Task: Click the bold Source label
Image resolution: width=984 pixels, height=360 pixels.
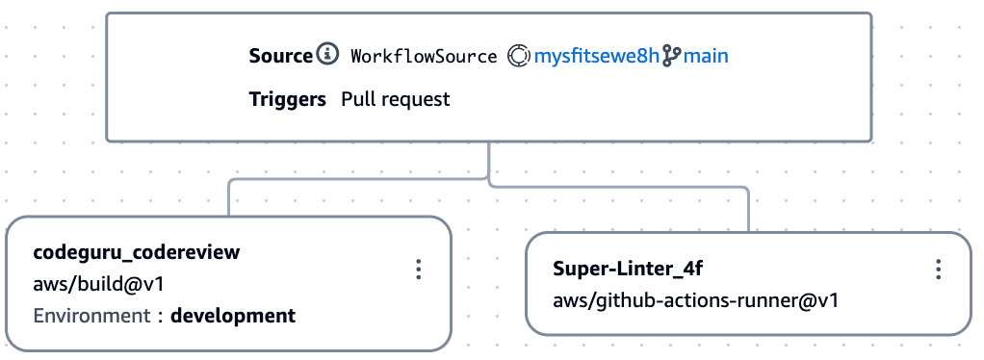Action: pos(280,56)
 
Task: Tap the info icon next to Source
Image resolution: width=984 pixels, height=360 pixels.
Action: pos(328,55)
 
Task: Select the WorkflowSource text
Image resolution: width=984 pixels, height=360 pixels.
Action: pos(424,56)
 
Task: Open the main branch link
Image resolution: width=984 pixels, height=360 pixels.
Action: pos(706,56)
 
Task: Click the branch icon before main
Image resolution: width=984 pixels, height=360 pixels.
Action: pos(670,56)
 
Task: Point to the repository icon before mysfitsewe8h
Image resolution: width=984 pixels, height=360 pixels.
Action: pos(519,56)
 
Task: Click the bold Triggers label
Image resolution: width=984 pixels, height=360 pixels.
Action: pos(287,99)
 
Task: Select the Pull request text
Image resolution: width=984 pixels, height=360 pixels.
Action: pos(396,99)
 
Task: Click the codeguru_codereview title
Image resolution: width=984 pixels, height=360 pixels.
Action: pos(137,252)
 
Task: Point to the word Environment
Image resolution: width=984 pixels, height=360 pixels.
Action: pos(91,315)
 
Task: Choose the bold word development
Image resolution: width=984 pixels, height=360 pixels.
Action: pos(233,315)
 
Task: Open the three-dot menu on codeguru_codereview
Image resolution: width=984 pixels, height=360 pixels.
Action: pos(418,270)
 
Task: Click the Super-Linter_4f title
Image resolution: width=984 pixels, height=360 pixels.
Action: pos(622,268)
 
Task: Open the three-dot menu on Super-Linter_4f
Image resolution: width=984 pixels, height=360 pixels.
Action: pos(938,270)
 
